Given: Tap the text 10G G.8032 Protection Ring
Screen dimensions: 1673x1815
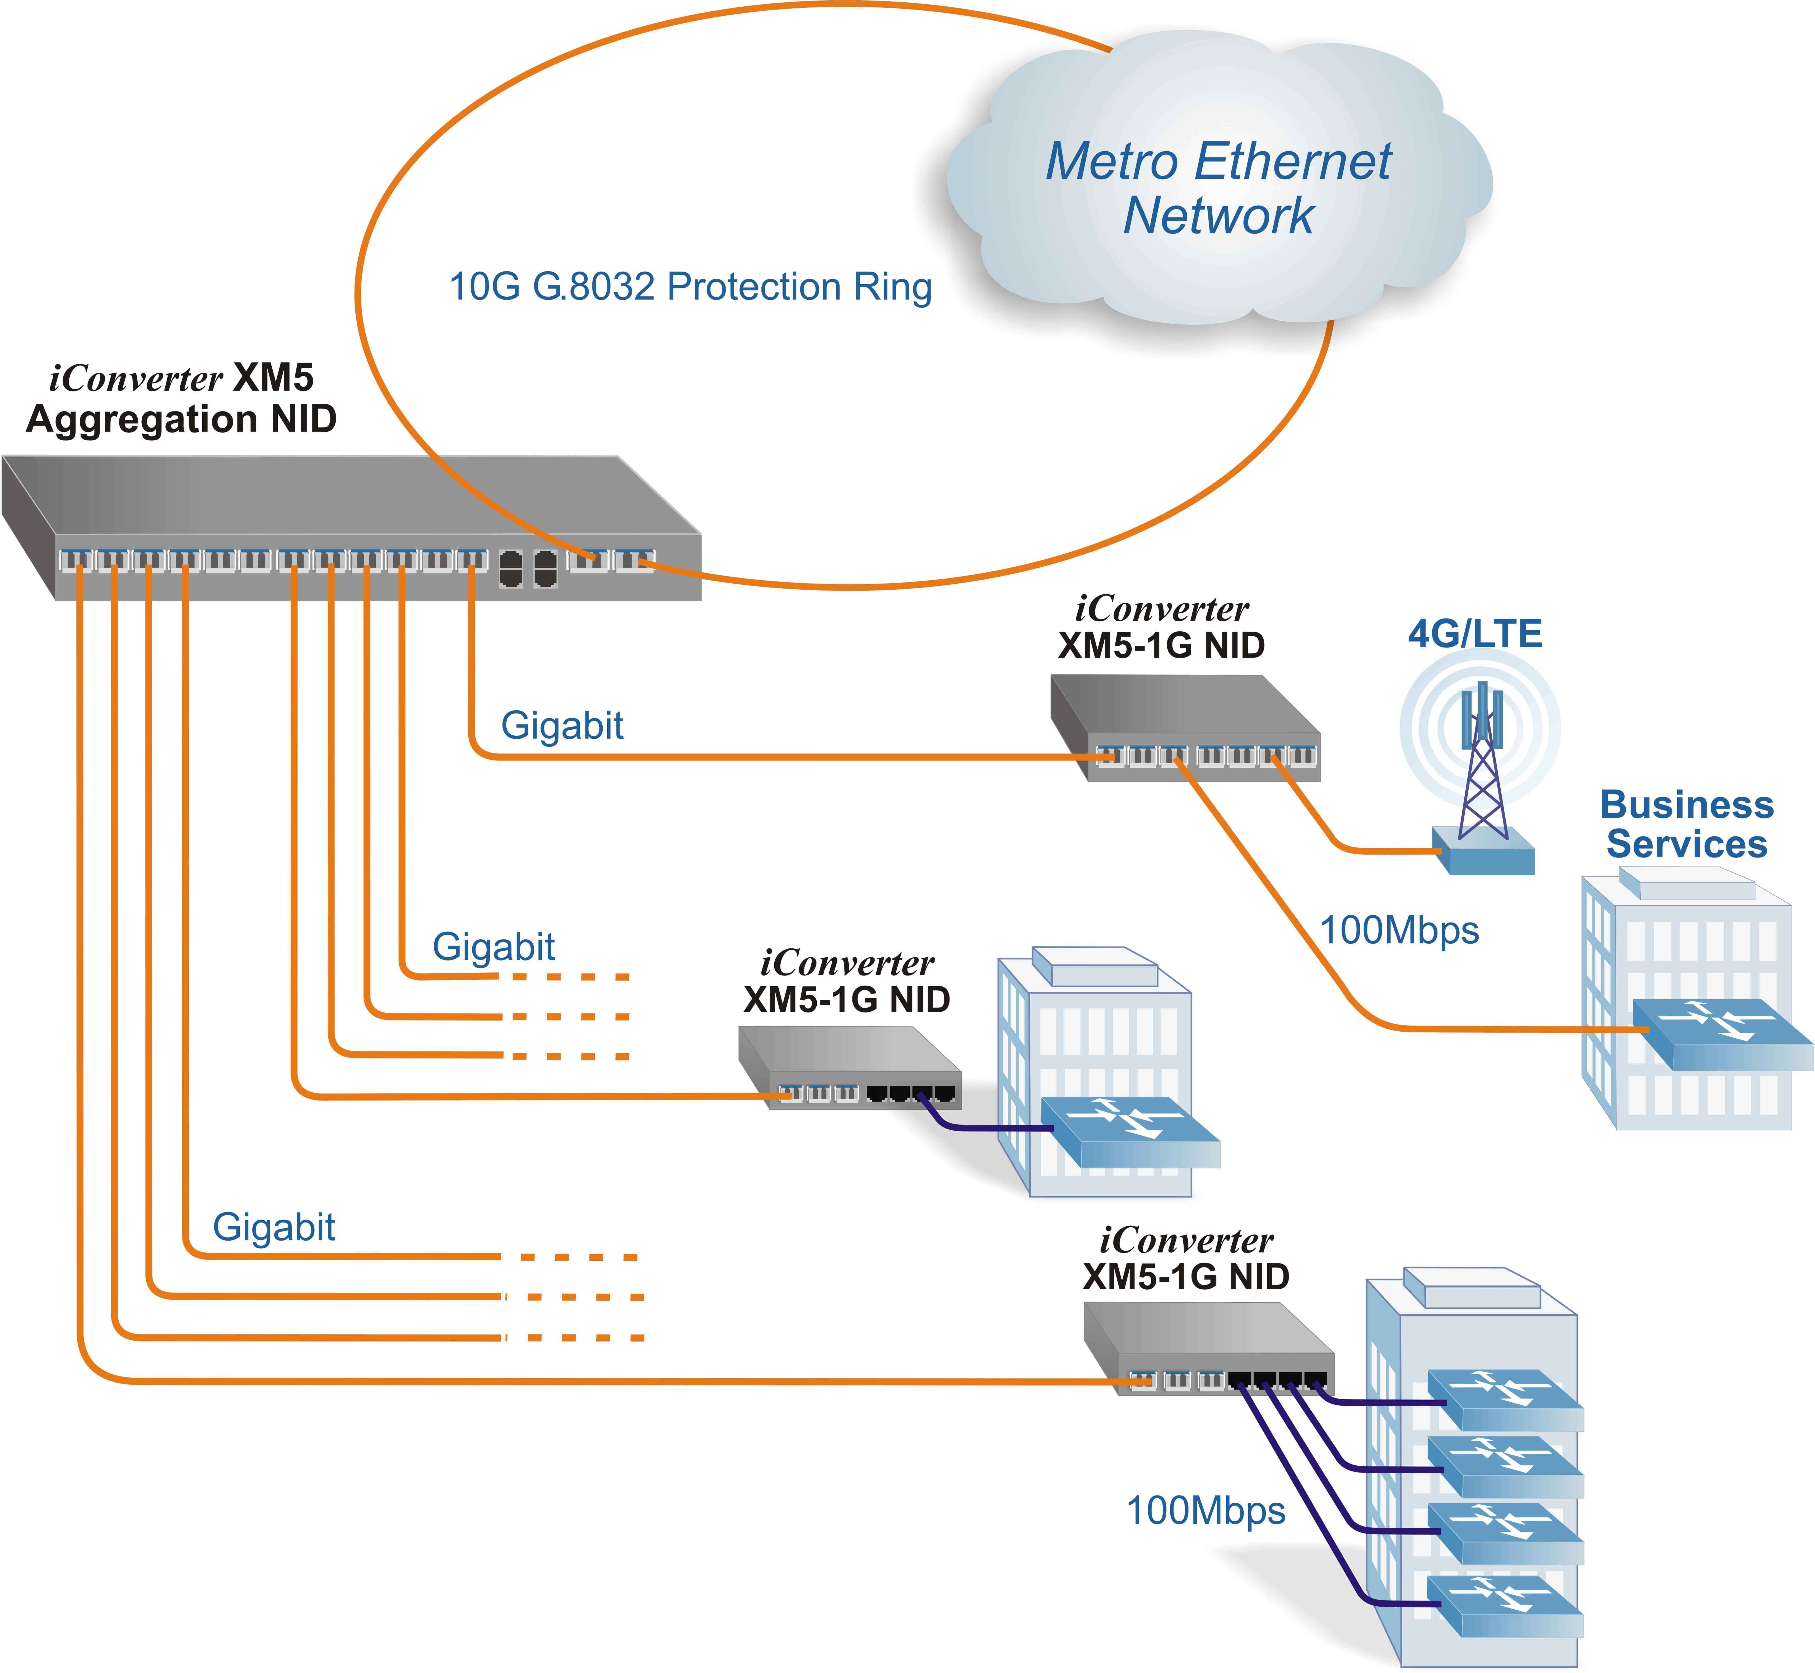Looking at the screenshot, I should (690, 287).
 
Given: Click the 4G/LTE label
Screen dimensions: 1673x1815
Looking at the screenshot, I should (1475, 634).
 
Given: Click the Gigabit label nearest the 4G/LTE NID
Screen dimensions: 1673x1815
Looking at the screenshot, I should (562, 725).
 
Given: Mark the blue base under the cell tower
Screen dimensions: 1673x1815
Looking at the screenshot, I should (1484, 851).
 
